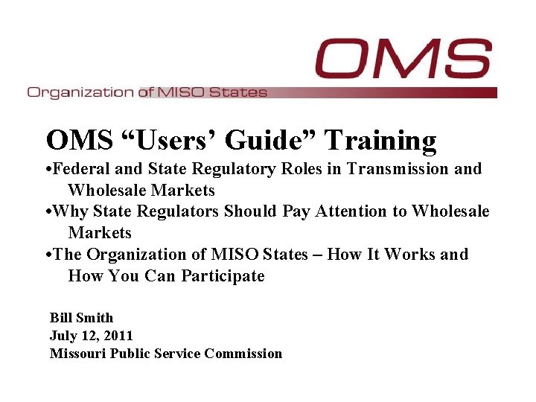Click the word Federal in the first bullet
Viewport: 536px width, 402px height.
(83, 169)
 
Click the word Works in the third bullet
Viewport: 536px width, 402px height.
(412, 255)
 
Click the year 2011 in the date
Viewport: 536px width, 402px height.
(118, 336)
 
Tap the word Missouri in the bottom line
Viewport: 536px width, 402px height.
(78, 354)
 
